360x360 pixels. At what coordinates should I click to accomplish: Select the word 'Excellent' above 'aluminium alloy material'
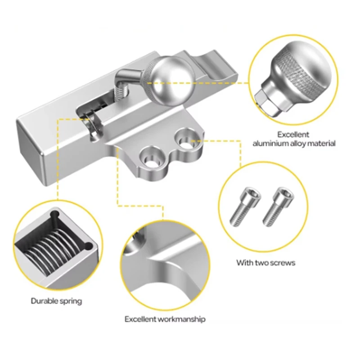(293, 135)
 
